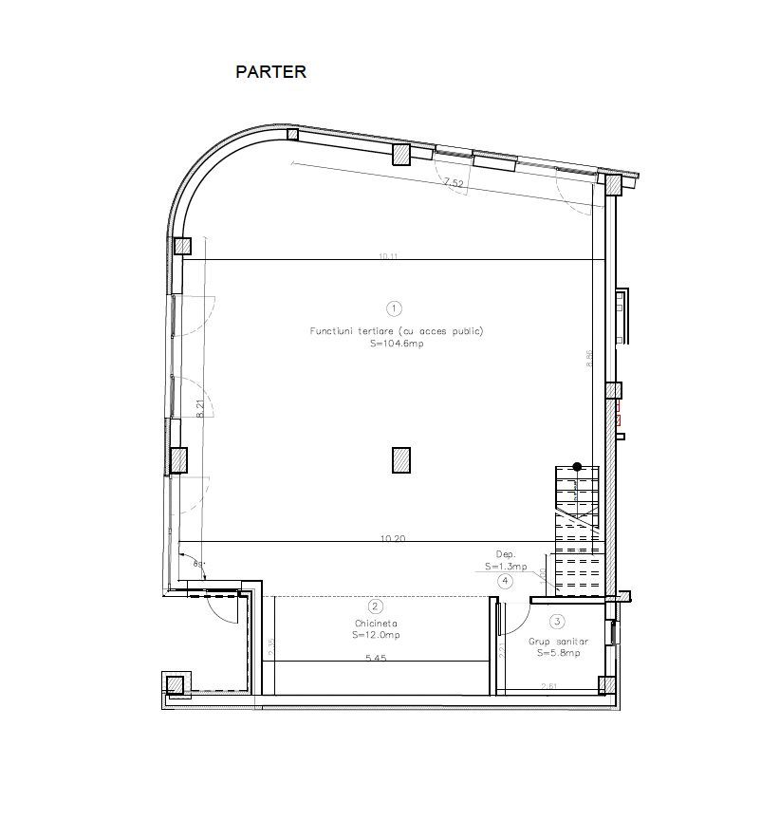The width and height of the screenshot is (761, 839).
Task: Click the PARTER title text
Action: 270,71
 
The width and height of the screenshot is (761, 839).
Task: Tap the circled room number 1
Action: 395,308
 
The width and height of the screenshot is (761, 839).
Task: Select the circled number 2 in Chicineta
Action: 376,606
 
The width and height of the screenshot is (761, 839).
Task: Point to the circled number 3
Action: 557,622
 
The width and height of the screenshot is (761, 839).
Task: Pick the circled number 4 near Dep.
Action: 506,581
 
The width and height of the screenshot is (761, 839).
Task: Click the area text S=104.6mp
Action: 397,345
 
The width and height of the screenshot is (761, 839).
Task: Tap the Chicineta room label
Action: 376,624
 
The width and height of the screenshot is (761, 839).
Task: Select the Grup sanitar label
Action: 558,642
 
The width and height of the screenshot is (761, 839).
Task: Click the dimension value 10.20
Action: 393,538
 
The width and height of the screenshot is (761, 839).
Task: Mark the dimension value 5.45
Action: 376,658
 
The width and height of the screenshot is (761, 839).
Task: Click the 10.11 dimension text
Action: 389,255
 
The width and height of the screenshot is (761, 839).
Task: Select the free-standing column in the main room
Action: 401,459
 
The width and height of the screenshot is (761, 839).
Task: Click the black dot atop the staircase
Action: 576,466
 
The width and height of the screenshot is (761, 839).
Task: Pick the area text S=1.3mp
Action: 503,566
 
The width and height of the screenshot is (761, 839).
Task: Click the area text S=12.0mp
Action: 376,634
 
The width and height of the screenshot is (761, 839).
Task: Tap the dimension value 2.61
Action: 548,686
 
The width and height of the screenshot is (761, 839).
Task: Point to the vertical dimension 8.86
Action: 589,359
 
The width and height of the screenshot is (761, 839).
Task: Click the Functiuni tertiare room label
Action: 397,331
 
